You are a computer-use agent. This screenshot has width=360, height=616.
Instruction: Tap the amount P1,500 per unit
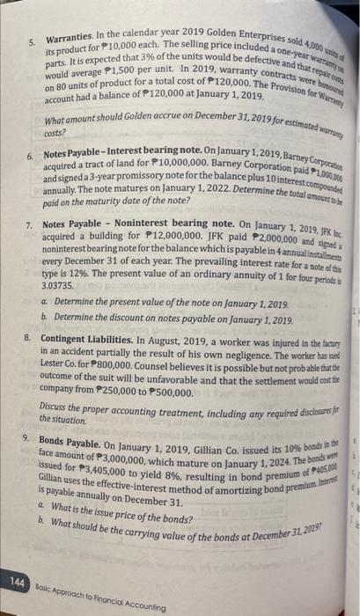[107, 87]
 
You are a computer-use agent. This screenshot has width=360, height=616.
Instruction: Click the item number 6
[28, 155]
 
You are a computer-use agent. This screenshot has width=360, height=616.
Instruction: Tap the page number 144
[15, 583]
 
